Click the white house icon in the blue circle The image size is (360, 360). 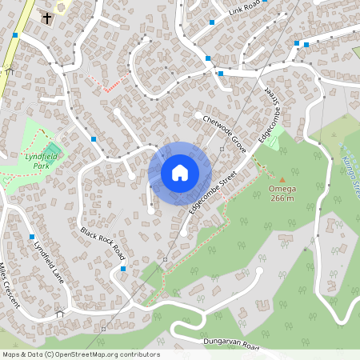click(180, 173)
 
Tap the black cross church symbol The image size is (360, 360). click(46, 18)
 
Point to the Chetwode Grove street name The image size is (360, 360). click(225, 130)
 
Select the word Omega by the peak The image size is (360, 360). click(281, 190)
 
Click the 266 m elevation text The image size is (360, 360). click(282, 198)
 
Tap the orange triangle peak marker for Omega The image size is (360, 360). click(281, 180)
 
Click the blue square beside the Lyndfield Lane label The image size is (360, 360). click(31, 238)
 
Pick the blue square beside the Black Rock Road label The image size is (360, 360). click(122, 269)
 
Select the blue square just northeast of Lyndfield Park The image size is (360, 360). click(94, 139)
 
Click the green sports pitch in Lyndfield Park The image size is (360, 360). click(53, 150)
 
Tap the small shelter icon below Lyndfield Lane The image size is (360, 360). click(59, 314)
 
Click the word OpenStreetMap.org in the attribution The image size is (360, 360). click(106, 354)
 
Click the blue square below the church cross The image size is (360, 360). click(15, 35)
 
